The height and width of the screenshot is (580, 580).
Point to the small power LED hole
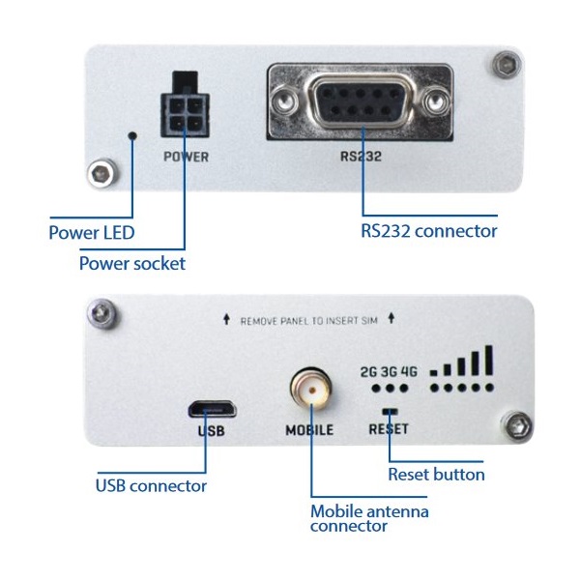tap(132, 137)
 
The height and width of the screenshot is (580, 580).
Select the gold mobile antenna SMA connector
tap(310, 391)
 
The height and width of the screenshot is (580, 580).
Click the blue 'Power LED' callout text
tap(92, 232)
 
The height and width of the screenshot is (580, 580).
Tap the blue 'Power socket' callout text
tap(131, 263)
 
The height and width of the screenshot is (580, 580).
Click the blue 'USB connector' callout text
tap(151, 485)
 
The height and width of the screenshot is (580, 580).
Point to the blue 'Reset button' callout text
tap(436, 474)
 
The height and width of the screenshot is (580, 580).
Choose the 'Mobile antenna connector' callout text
tap(369, 518)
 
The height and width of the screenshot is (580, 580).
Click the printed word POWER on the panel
tap(186, 155)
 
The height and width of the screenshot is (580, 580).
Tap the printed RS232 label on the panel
tap(365, 155)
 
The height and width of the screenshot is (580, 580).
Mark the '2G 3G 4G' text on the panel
tap(389, 370)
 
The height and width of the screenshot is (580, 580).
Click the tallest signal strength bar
tap(489, 360)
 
